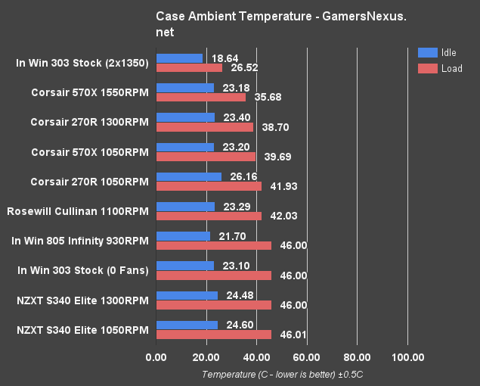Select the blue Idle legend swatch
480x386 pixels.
427,53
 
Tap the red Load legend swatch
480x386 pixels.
427,69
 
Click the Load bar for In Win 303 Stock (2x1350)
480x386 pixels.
189,67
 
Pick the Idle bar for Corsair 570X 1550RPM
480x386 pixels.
184,88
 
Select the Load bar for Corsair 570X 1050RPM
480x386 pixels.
206,157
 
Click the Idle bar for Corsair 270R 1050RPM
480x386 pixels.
188,176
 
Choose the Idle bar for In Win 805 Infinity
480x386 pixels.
183,236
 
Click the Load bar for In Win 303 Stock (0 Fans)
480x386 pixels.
213,275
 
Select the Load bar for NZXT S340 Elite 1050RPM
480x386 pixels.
213,335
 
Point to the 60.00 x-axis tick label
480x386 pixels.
307,357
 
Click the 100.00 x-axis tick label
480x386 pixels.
407,357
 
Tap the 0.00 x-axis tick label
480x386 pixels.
156,357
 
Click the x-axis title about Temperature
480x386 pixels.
283,374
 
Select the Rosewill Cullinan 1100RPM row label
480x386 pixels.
77,211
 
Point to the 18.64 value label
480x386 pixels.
223,58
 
